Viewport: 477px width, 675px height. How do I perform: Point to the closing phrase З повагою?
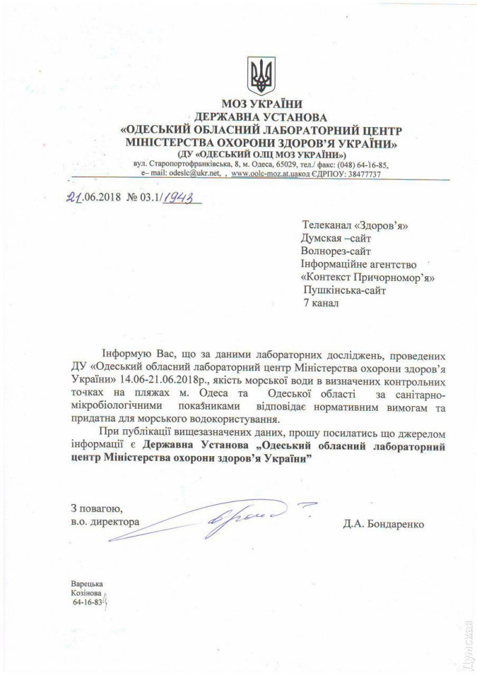tap(96, 507)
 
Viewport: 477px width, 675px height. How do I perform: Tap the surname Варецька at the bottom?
tap(86, 582)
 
